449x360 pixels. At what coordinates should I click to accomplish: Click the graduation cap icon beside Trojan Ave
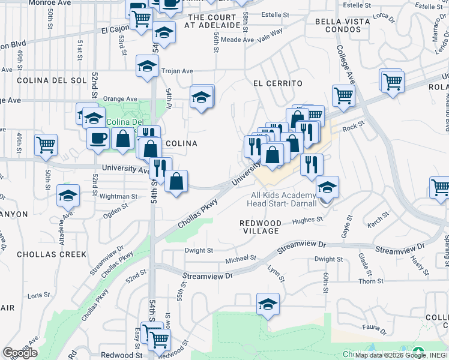[146, 67]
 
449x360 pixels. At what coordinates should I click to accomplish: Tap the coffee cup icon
[98, 138]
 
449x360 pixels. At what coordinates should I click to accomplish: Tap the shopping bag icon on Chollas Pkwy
[176, 181]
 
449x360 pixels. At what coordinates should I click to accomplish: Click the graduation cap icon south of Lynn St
[268, 304]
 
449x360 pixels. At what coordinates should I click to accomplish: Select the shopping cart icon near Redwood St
[159, 340]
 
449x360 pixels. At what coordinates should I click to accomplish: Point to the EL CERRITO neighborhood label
[277, 83]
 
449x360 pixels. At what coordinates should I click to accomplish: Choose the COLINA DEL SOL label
[44, 80]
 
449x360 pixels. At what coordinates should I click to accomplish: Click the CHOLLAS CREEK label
[52, 254]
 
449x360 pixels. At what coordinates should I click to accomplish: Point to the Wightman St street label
[118, 196]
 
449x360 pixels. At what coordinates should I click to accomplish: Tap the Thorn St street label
[370, 281]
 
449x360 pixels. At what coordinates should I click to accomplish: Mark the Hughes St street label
[307, 220]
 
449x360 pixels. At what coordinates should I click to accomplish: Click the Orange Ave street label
[120, 99]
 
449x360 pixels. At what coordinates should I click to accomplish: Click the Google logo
[20, 352]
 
